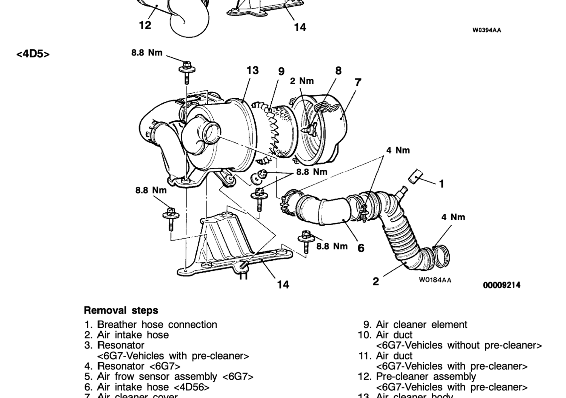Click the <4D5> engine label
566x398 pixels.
(x=33, y=54)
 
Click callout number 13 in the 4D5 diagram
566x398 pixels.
(x=252, y=71)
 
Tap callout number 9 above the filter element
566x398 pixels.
(x=281, y=72)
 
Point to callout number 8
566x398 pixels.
(x=338, y=71)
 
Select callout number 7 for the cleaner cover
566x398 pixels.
(x=358, y=82)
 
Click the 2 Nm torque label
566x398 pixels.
(x=301, y=81)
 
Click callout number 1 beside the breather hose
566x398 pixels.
(x=441, y=184)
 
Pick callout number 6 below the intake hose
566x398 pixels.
(x=361, y=248)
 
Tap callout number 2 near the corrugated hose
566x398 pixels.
(x=375, y=281)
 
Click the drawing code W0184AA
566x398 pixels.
(x=435, y=280)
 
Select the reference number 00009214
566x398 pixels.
(x=501, y=285)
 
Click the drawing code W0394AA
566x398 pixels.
(x=487, y=30)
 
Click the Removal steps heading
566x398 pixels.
(x=121, y=310)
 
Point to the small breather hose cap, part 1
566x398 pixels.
(x=416, y=176)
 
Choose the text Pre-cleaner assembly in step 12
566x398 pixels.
(x=426, y=376)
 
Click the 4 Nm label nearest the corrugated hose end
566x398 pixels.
(x=453, y=217)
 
